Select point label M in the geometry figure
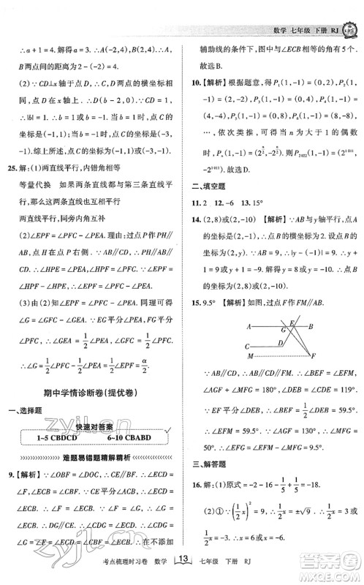(x=251, y=356)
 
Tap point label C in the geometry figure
(x=249, y=346)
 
